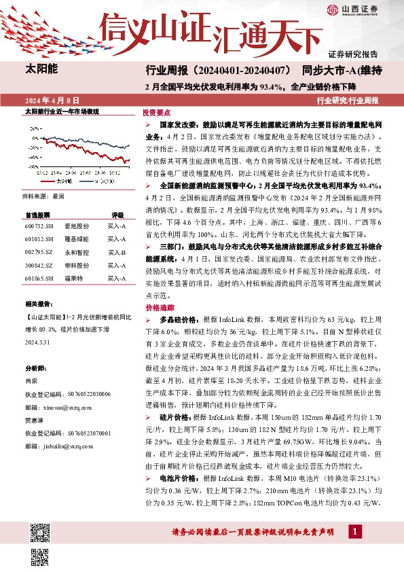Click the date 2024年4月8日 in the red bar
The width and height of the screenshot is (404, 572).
(52, 100)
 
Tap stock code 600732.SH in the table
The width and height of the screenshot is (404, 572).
(38, 226)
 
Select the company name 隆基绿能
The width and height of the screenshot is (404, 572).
(76, 239)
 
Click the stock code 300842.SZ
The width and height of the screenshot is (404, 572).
(38, 265)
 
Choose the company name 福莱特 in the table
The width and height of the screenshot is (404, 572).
(73, 278)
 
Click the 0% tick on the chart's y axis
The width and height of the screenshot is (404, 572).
(33, 141)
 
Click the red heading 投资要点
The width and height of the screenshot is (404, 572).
(156, 113)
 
